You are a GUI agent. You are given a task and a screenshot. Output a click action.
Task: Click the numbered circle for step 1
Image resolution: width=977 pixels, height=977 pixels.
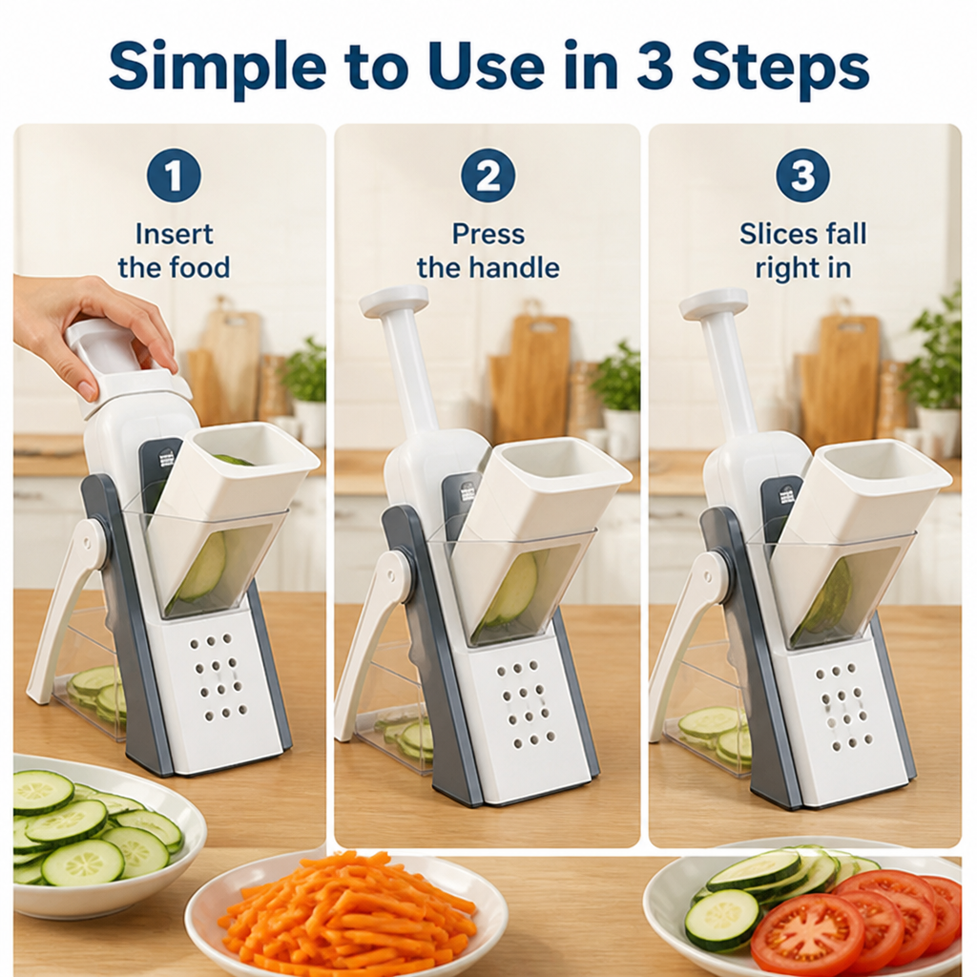[x=174, y=176]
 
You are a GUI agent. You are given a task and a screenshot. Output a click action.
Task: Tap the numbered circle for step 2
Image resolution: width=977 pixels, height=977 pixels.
[x=488, y=176]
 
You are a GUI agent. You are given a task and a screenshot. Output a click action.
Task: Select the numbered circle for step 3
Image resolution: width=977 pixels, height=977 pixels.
[x=802, y=176]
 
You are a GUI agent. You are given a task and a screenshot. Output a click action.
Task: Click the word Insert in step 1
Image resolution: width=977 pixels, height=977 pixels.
[x=174, y=235]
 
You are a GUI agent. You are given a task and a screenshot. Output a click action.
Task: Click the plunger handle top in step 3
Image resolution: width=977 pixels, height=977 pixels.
[x=713, y=302]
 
